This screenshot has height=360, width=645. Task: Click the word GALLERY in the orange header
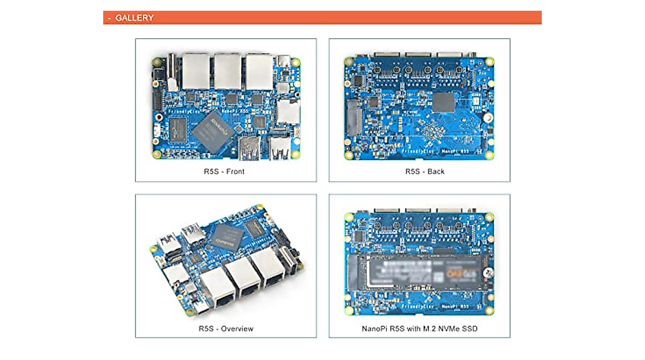(x=134, y=18)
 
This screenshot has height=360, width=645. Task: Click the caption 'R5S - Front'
(x=226, y=172)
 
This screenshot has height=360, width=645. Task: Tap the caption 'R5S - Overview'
(x=226, y=328)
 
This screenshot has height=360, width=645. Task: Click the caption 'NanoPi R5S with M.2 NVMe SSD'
(x=419, y=328)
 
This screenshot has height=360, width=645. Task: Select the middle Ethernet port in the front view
(x=228, y=71)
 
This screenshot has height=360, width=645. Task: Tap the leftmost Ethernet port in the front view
(x=196, y=71)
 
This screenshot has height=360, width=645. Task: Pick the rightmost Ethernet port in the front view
(x=260, y=71)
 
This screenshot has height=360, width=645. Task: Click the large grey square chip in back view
(x=443, y=103)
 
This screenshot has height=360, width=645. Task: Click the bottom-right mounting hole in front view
(x=296, y=154)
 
